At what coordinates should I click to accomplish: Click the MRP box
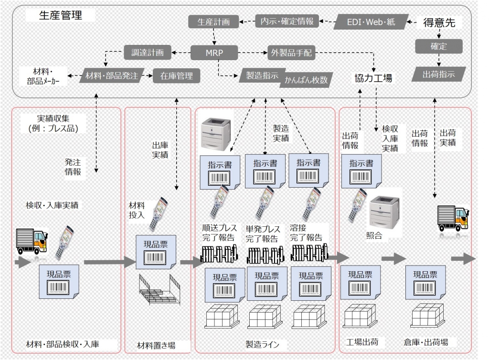[211, 53]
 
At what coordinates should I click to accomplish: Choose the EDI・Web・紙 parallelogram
[371, 21]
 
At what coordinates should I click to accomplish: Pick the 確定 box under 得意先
[438, 46]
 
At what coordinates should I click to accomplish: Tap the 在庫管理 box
[176, 76]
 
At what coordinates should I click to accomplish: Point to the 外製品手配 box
[292, 53]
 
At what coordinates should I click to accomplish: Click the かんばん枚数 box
[307, 79]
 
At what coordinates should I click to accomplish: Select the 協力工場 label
[373, 78]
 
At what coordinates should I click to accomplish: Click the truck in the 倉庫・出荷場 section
[453, 218]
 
